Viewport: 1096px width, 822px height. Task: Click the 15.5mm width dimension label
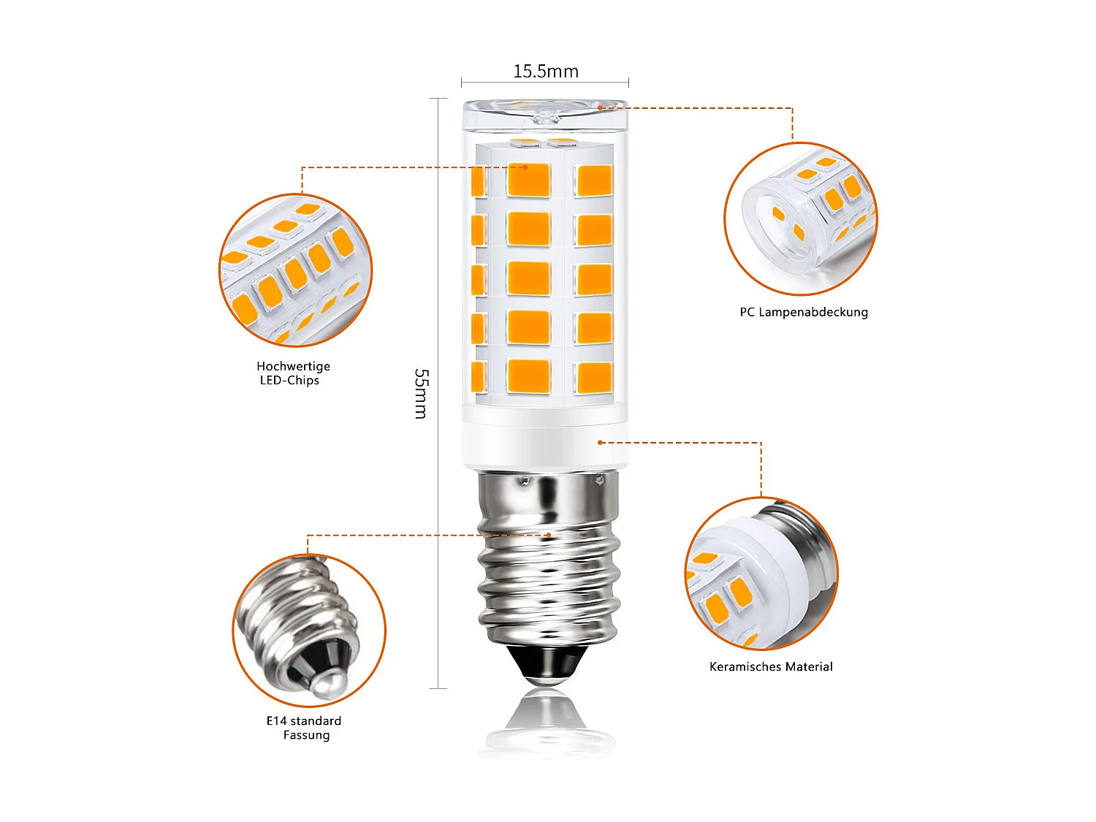(545, 72)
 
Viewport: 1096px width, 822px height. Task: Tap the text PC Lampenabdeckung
(804, 312)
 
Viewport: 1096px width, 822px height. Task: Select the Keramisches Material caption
(771, 666)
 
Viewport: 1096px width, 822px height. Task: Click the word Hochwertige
(293, 366)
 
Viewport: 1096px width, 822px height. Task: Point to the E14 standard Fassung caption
(304, 728)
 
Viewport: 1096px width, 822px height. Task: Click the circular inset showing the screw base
(309, 630)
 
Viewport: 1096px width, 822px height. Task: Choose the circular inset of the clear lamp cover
(800, 219)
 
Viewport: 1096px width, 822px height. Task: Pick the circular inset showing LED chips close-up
(296, 270)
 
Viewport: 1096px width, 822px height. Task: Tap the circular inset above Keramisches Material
(761, 574)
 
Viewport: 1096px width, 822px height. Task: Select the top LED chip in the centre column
(529, 180)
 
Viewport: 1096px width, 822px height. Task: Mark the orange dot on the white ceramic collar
(600, 442)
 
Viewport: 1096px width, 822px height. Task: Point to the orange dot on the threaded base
(549, 535)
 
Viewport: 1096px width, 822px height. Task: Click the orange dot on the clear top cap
(600, 108)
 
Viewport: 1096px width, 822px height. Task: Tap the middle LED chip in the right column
(594, 279)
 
